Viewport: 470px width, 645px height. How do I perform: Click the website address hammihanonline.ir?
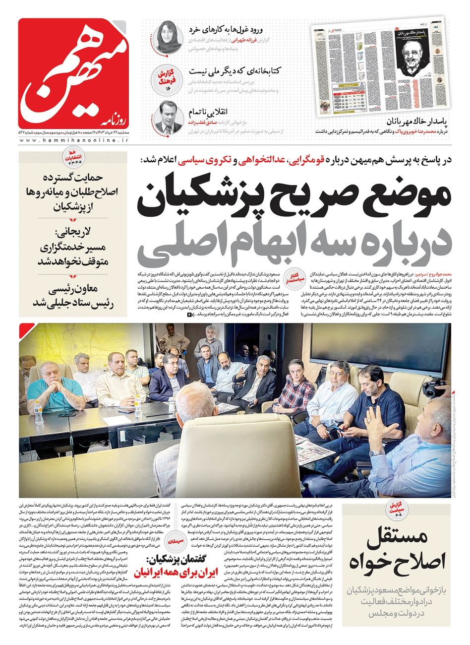click(74, 141)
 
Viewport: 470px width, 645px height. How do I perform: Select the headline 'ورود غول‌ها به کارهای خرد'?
click(229, 28)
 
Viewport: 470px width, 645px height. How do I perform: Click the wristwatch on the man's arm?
click(377, 452)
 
